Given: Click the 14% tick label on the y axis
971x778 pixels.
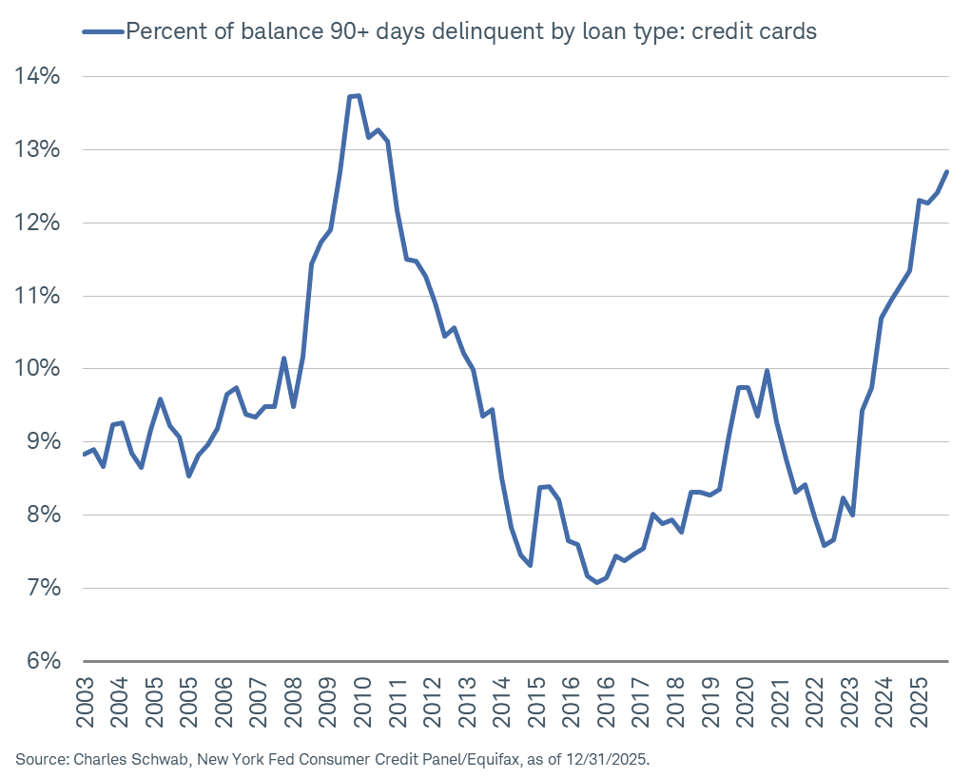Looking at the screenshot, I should [x=38, y=76].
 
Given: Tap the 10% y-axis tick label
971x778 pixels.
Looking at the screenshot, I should [x=38, y=369].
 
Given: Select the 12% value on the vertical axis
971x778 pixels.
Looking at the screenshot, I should [x=38, y=223].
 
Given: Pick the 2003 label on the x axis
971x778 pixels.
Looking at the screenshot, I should [x=85, y=701].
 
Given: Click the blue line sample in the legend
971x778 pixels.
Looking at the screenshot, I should [x=104, y=31].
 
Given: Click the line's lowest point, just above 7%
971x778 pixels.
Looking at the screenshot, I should [x=596, y=582].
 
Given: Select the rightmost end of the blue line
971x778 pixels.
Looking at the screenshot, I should [x=947, y=171].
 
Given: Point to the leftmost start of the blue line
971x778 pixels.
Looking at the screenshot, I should [x=84, y=455].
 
